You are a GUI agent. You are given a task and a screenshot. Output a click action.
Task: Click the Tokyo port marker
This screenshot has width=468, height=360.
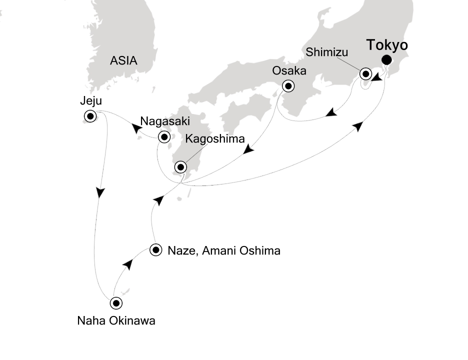(386, 60)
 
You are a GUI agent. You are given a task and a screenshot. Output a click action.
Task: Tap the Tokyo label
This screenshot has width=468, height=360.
(387, 45)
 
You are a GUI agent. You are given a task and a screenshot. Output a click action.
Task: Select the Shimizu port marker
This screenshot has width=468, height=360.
(366, 74)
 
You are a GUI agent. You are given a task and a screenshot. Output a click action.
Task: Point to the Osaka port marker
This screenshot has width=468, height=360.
(288, 86)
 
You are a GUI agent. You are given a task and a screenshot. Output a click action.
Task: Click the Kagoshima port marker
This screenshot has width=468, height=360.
(180, 167)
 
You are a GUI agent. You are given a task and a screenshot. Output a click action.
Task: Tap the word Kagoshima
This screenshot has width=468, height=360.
(209, 138)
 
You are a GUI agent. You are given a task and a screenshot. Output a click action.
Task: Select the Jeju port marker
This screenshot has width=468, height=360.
(90, 116)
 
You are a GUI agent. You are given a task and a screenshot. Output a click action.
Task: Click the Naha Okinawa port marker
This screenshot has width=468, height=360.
(116, 303)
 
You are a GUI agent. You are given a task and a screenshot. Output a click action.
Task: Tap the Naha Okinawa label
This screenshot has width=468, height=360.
(116, 321)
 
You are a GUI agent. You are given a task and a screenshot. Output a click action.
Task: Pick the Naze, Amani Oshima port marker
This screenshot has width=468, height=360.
(156, 250)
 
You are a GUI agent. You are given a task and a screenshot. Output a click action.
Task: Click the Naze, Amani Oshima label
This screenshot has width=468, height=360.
(223, 250)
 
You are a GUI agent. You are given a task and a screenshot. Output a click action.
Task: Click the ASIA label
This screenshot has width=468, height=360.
(123, 61)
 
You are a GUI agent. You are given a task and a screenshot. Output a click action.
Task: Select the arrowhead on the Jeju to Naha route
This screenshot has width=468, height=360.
(101, 192)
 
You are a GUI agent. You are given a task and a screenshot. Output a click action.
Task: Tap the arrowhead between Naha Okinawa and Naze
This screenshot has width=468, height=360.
(128, 265)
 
